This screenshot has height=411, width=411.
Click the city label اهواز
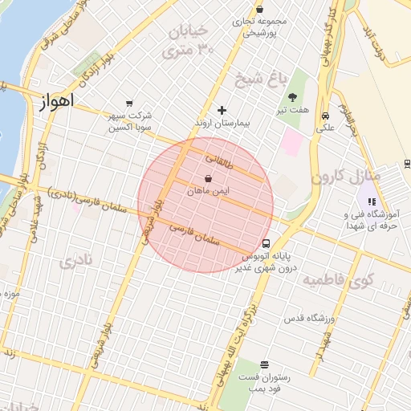55,101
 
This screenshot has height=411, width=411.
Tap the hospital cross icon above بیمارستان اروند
222,110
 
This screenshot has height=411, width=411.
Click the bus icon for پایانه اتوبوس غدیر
266,244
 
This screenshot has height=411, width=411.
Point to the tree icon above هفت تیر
302,96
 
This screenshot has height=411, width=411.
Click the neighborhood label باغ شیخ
259,79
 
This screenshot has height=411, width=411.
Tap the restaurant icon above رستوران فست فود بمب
264,364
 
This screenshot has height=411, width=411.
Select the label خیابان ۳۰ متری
185,42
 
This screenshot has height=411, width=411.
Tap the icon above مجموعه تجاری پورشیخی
258,9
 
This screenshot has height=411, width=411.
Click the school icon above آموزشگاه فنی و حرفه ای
371,201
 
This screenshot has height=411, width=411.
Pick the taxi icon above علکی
326,114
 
